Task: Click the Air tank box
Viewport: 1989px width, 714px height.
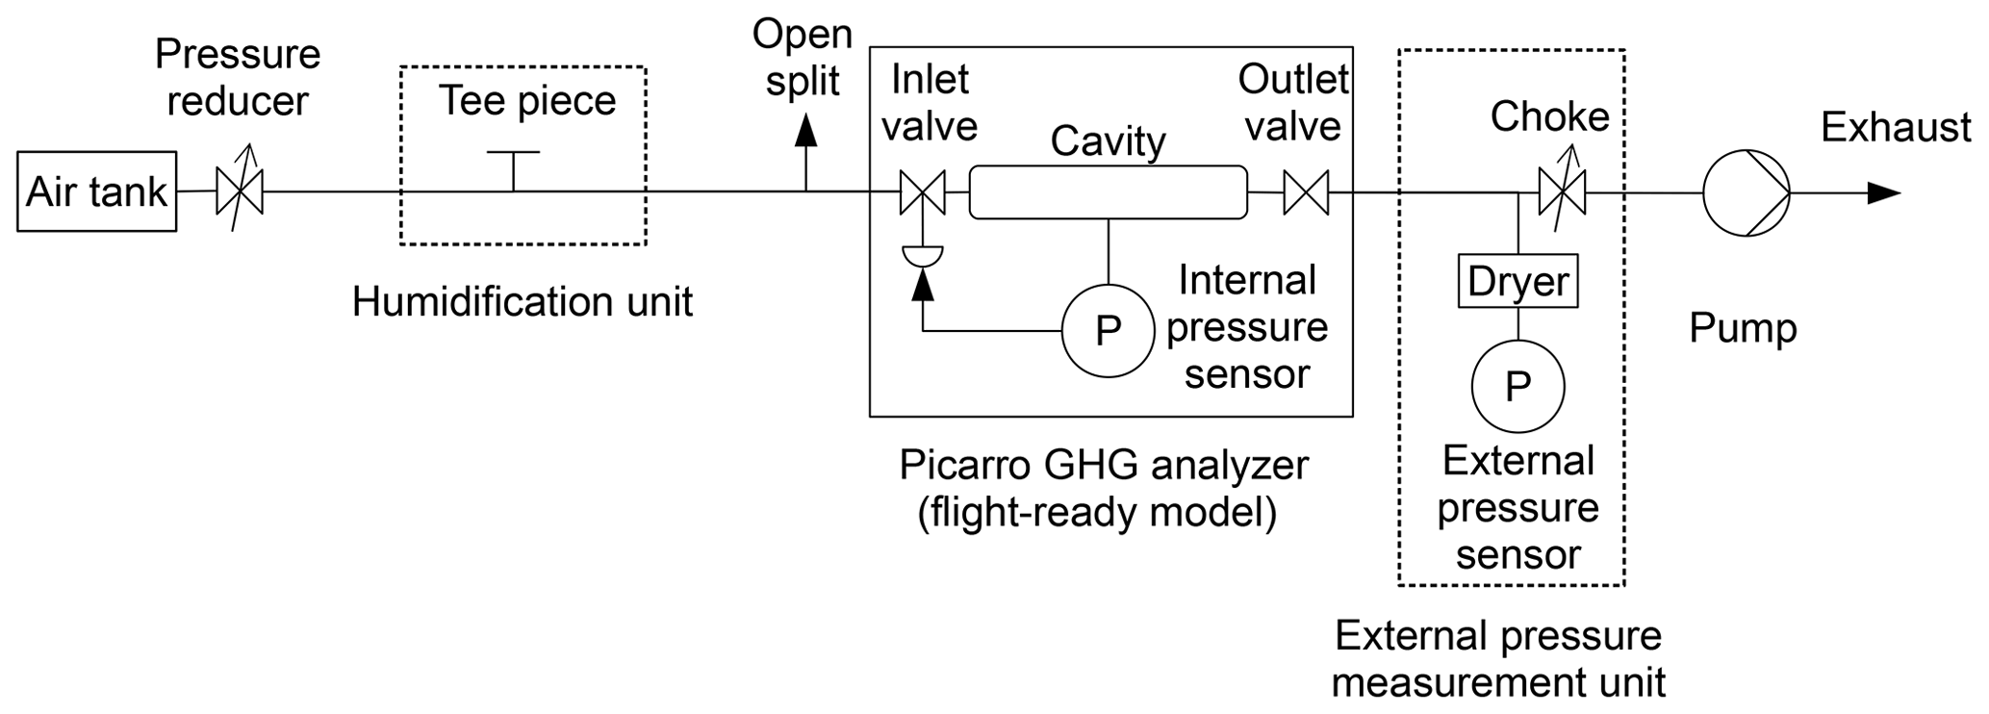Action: [96, 191]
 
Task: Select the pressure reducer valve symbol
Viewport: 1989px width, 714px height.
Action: [240, 191]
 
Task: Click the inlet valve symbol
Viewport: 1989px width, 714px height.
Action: [923, 191]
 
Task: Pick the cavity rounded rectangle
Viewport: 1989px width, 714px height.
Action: [1108, 191]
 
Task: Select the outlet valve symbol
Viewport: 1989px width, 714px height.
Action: [1306, 191]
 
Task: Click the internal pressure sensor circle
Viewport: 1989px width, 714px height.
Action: [1108, 331]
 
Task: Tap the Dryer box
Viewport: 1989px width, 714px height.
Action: [1517, 281]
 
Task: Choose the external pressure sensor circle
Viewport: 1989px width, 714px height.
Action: [1517, 386]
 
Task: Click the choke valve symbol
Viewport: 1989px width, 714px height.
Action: [1562, 191]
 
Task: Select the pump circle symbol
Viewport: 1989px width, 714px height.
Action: [1746, 192]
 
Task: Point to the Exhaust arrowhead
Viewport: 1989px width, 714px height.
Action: [1883, 192]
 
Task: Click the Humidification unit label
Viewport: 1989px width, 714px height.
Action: [522, 301]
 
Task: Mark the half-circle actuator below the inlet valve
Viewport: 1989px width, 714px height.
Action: [923, 255]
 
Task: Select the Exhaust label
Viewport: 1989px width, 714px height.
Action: [1896, 128]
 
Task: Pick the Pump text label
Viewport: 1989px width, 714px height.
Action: [1743, 329]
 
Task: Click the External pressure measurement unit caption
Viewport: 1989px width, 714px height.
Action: [1498, 659]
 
